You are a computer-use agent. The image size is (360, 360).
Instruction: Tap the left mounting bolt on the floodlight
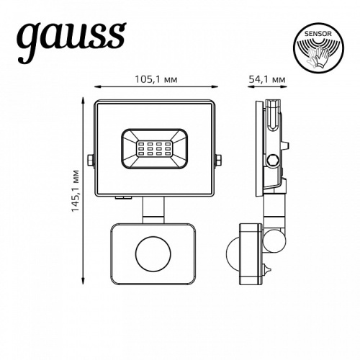tap(89, 160)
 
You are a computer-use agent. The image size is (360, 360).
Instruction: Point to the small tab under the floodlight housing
tap(122, 195)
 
